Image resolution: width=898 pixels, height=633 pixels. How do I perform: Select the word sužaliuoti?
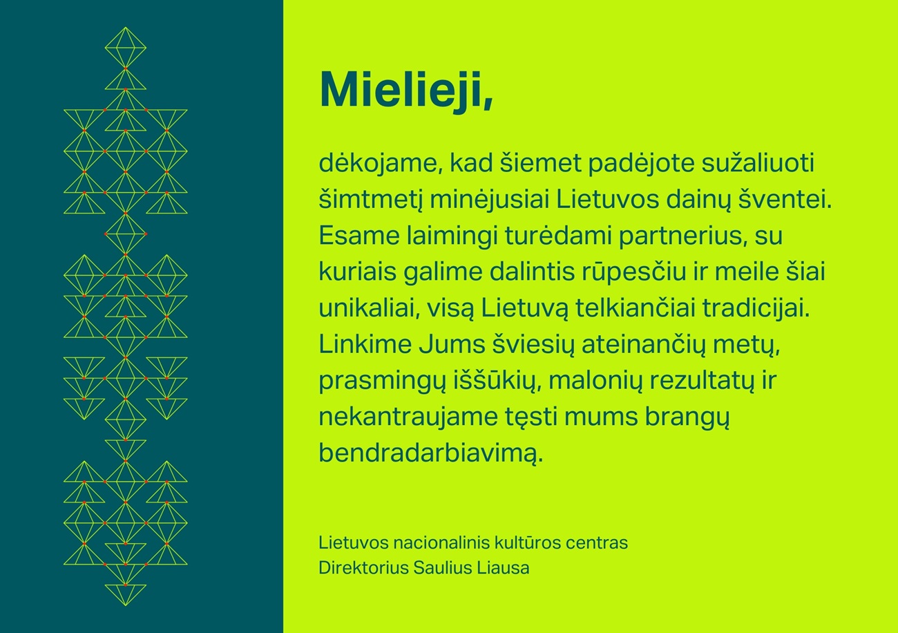click(x=757, y=163)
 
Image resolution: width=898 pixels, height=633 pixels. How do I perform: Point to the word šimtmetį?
click(x=371, y=200)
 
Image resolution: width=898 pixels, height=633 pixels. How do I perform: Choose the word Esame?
click(x=359, y=236)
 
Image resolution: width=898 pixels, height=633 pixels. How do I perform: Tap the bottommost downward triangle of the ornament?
click(x=126, y=595)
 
